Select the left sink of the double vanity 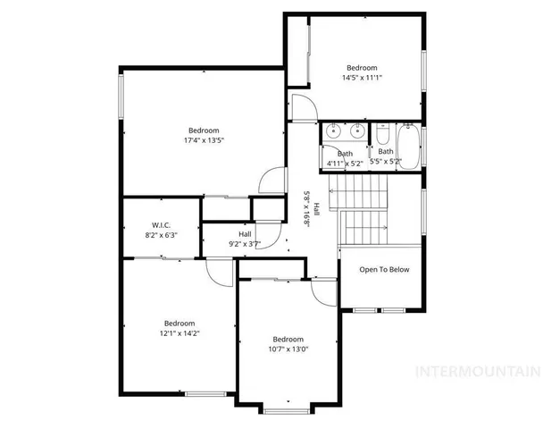click(x=334, y=129)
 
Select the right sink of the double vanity click(x=356, y=129)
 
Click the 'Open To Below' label click(x=384, y=270)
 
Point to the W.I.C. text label click(x=161, y=224)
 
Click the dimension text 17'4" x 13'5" click(x=204, y=140)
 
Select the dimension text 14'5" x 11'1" click(x=363, y=78)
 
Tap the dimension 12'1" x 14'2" click(x=179, y=333)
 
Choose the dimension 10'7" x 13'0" click(x=288, y=349)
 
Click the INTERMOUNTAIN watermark click(x=480, y=370)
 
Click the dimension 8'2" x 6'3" click(x=161, y=234)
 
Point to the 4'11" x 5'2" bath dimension click(x=343, y=163)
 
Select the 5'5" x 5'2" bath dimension click(x=386, y=163)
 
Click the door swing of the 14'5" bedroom click(x=304, y=107)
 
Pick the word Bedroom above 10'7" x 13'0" click(x=288, y=340)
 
